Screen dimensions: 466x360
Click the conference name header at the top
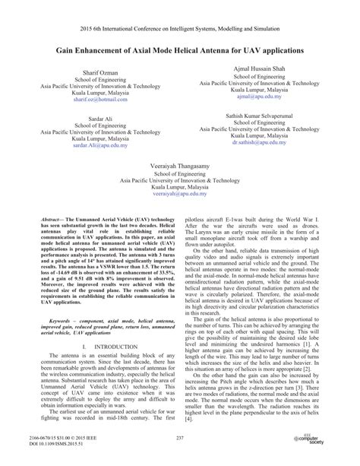[x=180, y=15]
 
